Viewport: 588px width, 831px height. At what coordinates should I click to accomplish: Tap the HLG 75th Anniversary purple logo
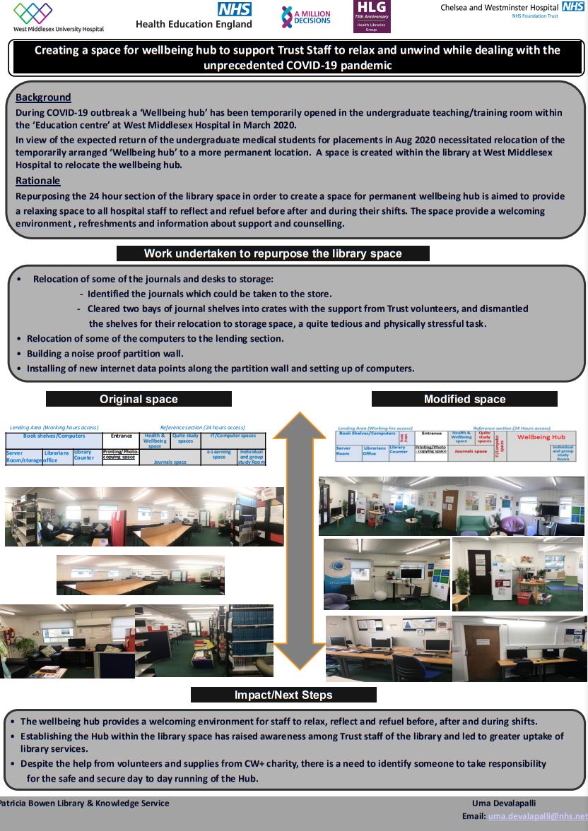(371, 16)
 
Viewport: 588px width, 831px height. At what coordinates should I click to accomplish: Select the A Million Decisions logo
(305, 17)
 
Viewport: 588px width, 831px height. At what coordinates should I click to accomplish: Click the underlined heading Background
(43, 97)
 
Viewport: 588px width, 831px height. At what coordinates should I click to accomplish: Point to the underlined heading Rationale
(37, 181)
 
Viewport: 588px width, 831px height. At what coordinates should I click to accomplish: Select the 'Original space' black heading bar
(139, 399)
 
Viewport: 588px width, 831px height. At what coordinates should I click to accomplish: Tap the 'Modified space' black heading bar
(464, 399)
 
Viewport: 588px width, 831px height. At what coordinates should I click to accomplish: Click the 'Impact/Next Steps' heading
(283, 695)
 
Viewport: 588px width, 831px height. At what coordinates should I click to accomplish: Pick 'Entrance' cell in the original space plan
(122, 436)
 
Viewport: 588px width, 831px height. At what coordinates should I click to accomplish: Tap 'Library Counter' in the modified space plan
(398, 450)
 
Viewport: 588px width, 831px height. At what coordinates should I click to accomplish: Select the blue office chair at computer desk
(407, 664)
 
